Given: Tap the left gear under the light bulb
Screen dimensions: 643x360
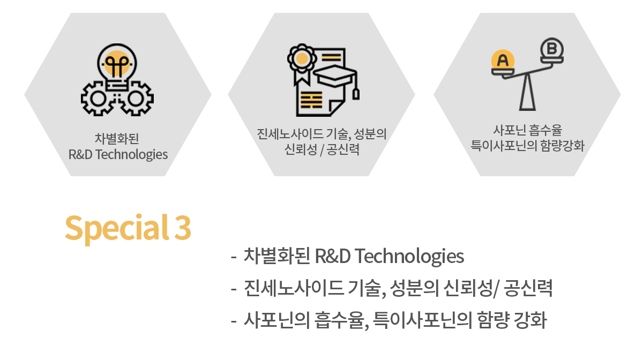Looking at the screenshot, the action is (x=98, y=99).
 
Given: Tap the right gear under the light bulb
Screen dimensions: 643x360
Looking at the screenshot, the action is (x=136, y=99).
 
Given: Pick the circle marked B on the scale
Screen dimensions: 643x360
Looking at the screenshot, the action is (x=552, y=49).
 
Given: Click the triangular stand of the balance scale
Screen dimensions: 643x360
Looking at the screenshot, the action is (x=527, y=92).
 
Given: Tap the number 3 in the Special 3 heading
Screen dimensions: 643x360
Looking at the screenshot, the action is (x=183, y=228).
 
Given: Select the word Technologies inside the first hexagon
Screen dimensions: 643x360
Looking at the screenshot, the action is (x=131, y=155).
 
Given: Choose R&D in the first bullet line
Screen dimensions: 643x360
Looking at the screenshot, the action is (x=333, y=256).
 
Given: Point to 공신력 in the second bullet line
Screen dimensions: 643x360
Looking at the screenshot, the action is (x=528, y=288).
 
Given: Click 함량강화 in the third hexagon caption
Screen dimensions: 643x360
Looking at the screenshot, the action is (x=562, y=146).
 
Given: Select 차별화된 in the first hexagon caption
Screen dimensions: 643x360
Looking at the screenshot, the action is (x=117, y=139).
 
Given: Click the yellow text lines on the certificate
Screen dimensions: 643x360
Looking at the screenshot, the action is (x=311, y=100).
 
